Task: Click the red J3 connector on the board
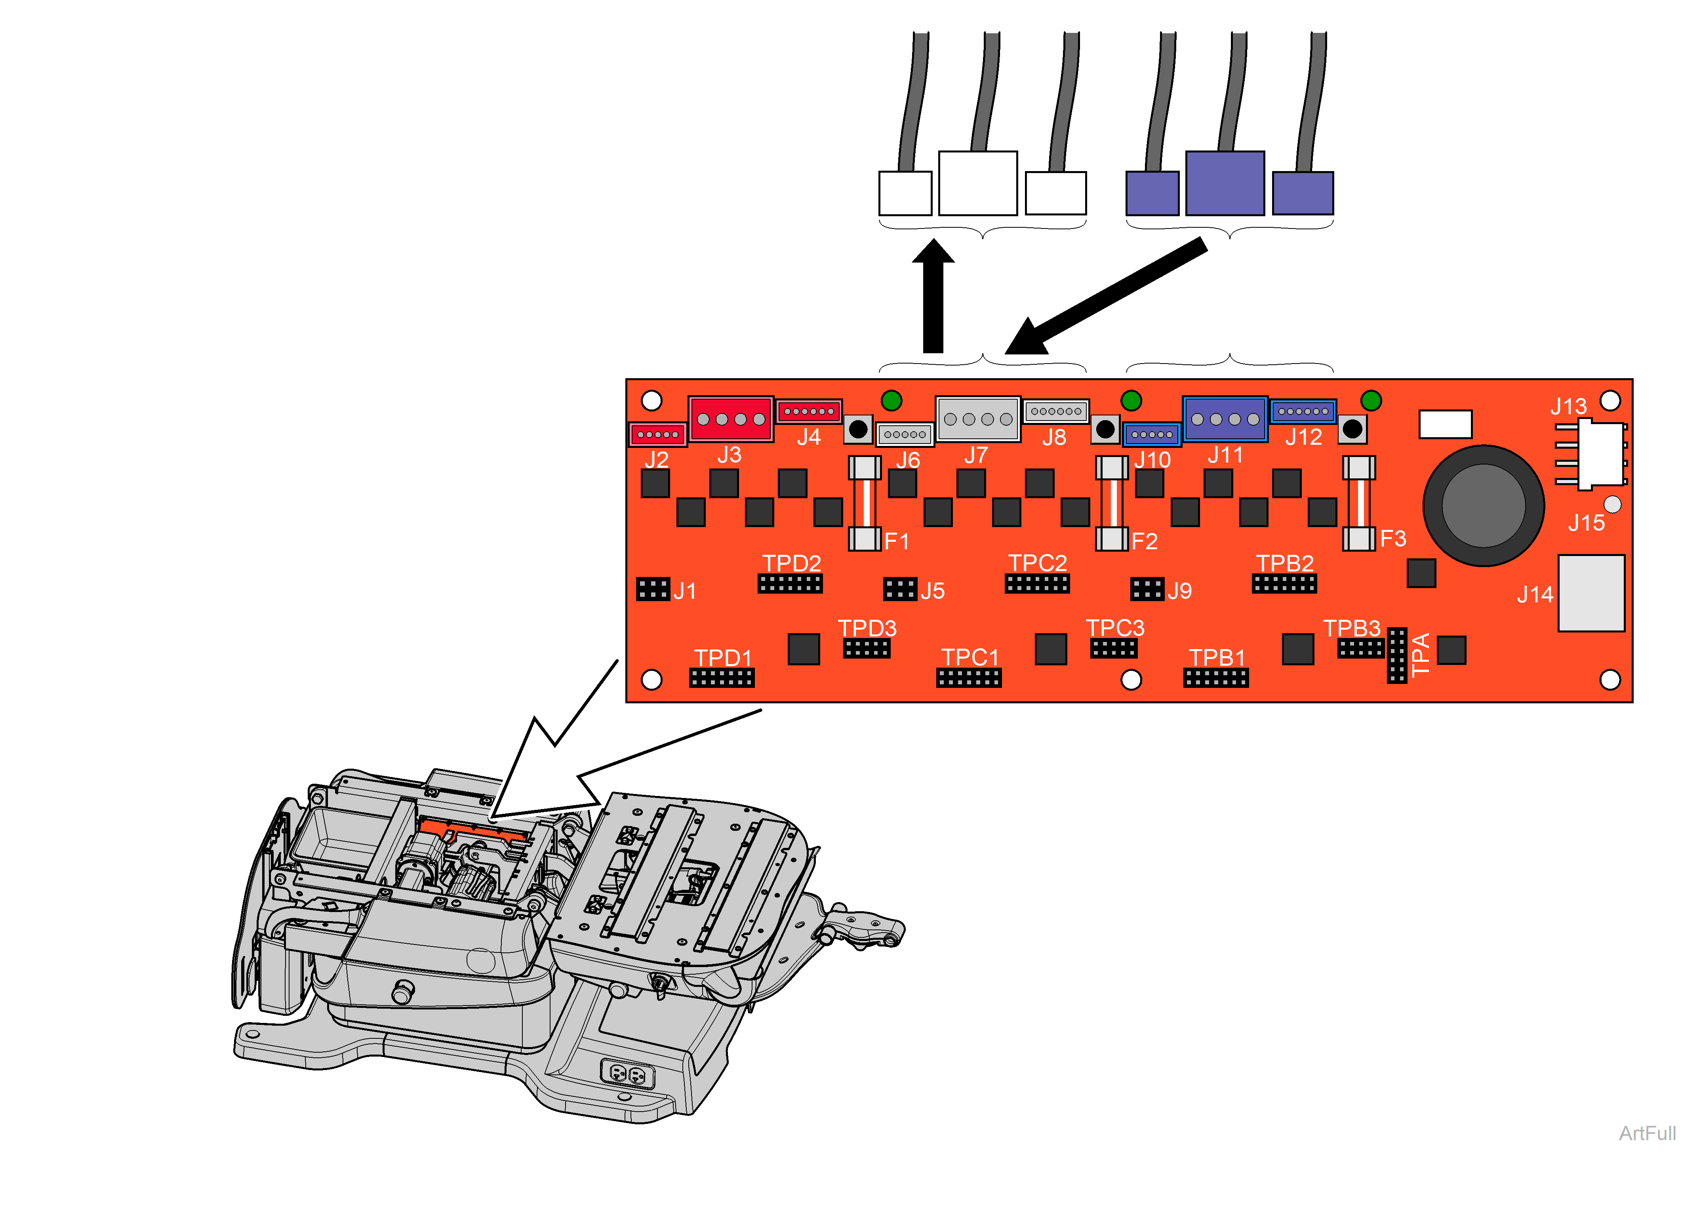click(x=730, y=419)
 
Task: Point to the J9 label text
click(x=1179, y=591)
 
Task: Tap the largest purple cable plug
click(x=1225, y=183)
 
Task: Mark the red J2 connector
click(x=657, y=434)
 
